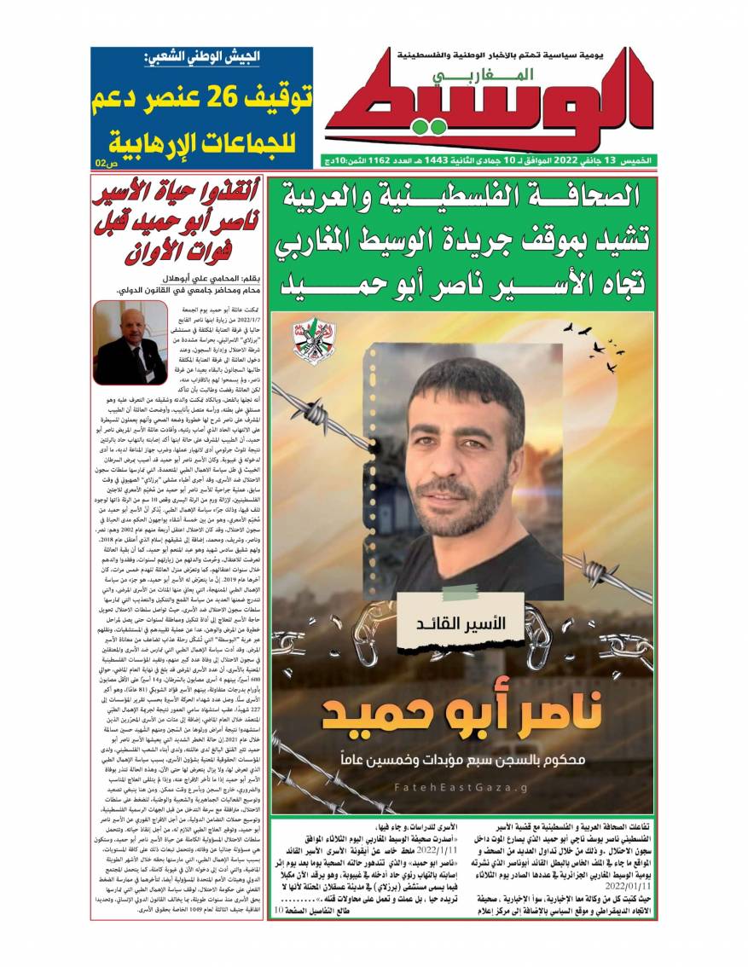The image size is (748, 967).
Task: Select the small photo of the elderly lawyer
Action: tap(130, 342)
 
